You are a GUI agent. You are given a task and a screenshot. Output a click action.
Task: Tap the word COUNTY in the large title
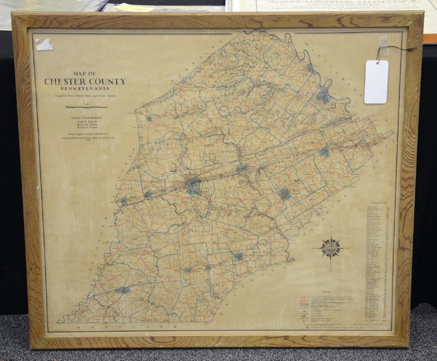(106, 82)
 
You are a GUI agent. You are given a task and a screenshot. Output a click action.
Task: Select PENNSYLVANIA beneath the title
(85, 88)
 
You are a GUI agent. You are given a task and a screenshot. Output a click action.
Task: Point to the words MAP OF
(84, 73)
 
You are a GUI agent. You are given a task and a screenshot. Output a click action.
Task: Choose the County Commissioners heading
(87, 118)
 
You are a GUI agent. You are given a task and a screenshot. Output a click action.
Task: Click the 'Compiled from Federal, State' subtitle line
(86, 96)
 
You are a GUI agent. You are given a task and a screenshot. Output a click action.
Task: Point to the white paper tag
(376, 82)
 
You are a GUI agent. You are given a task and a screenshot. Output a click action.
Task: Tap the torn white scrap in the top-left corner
(44, 44)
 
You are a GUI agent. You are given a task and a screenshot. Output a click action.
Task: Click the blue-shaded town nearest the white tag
(324, 95)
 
